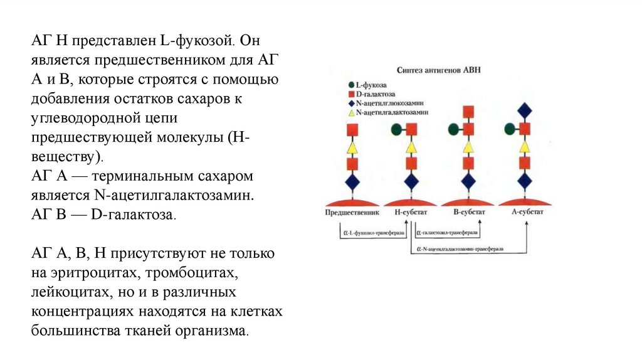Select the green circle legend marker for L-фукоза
(350, 84)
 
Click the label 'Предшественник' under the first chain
(350, 212)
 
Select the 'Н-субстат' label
(411, 212)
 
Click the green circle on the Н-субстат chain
(397, 130)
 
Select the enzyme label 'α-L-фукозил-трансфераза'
(373, 233)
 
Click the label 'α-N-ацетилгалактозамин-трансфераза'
(459, 248)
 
